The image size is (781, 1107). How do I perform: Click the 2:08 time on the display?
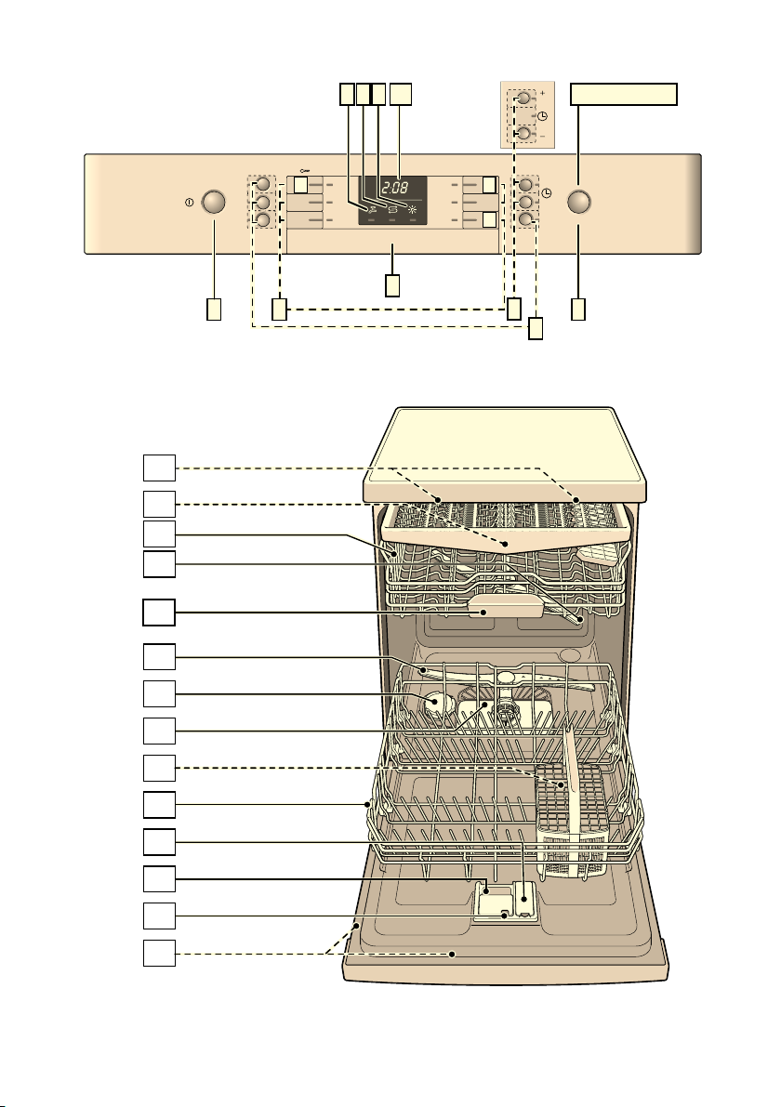pyautogui.click(x=394, y=190)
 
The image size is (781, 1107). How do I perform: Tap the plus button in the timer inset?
pyautogui.click(x=524, y=98)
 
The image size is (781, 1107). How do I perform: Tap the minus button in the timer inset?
pyautogui.click(x=524, y=133)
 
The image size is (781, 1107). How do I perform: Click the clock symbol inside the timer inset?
pyautogui.click(x=542, y=116)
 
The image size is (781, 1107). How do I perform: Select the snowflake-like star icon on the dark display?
pyautogui.click(x=415, y=209)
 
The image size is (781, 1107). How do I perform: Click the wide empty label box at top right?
pyautogui.click(x=624, y=94)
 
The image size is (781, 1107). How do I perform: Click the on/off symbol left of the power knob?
pyautogui.click(x=190, y=203)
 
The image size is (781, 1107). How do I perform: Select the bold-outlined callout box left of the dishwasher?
pyautogui.click(x=159, y=613)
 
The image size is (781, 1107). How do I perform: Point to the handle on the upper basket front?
pyautogui.click(x=506, y=605)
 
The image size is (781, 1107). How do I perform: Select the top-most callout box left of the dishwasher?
pyautogui.click(x=159, y=468)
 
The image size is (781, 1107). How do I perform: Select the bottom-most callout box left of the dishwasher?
pyautogui.click(x=159, y=953)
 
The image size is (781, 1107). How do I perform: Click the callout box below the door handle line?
pyautogui.click(x=392, y=285)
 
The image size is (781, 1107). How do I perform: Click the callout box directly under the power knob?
pyautogui.click(x=213, y=310)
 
